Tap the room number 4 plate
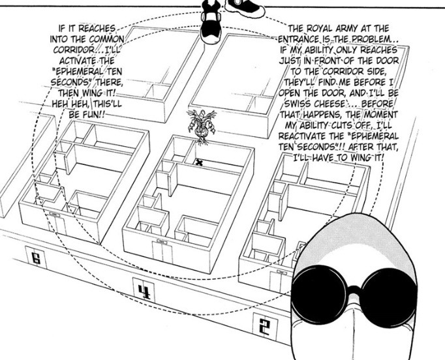(x=144, y=290)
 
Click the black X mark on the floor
(x=200, y=163)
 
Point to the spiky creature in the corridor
(x=202, y=127)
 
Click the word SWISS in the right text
(x=297, y=104)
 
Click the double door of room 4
(x=162, y=251)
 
